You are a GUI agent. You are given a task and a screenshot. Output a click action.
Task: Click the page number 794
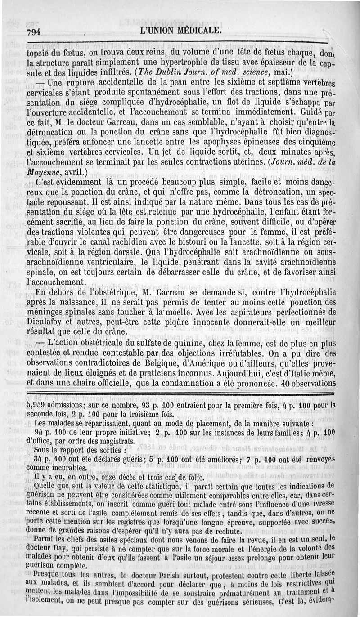[34, 32]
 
